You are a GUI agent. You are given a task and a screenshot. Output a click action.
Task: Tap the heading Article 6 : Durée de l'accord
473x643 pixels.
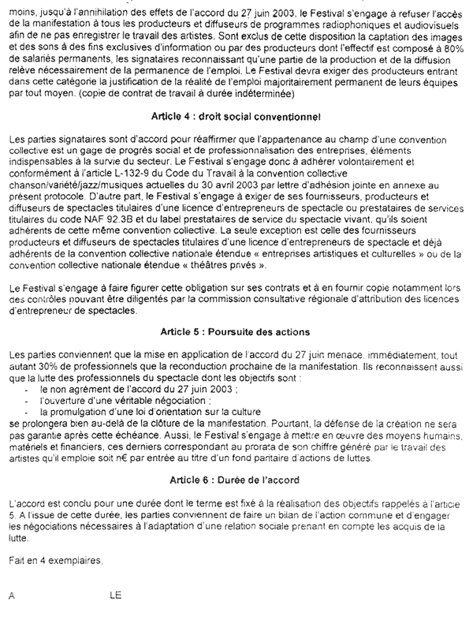tap(236, 480)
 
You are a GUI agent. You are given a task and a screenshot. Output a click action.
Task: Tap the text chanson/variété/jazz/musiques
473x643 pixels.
tap(70, 180)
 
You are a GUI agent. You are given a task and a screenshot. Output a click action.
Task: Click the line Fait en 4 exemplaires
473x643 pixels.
tap(54, 560)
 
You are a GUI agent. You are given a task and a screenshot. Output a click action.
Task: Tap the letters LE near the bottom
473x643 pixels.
tap(116, 596)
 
